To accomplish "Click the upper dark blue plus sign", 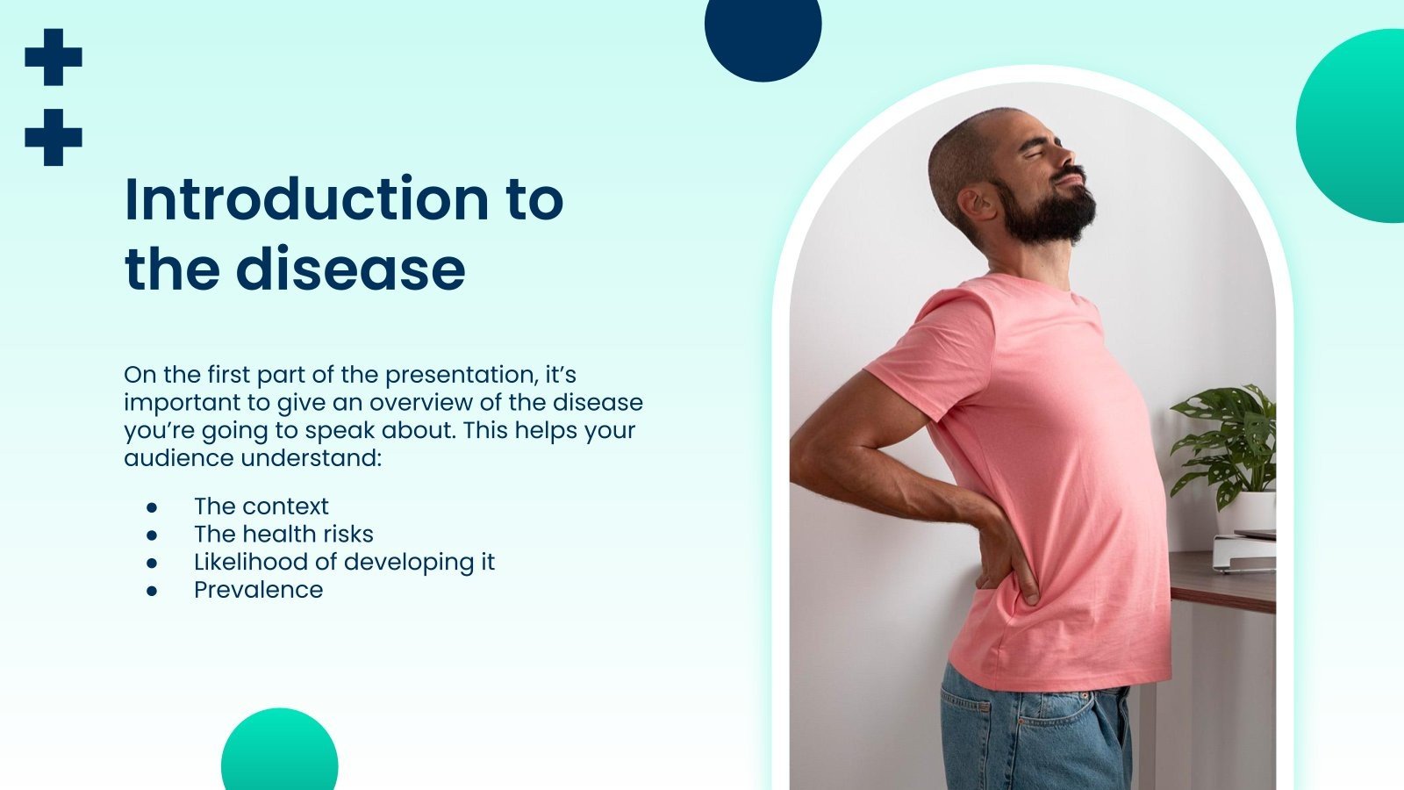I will pyautogui.click(x=54, y=57).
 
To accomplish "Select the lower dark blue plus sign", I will pyautogui.click(x=54, y=137).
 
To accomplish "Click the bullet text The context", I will pyautogui.click(x=261, y=506).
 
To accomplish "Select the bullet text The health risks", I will pyautogui.click(x=283, y=535).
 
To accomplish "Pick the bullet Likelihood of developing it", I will pyautogui.click(x=344, y=562).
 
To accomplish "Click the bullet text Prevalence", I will pyautogui.click(x=258, y=590).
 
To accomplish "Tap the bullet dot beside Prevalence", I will pyautogui.click(x=152, y=591).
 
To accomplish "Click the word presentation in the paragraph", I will pyautogui.click(x=461, y=375).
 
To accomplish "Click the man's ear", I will pyautogui.click(x=974, y=204).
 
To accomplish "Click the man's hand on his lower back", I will pyautogui.click(x=1009, y=562).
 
